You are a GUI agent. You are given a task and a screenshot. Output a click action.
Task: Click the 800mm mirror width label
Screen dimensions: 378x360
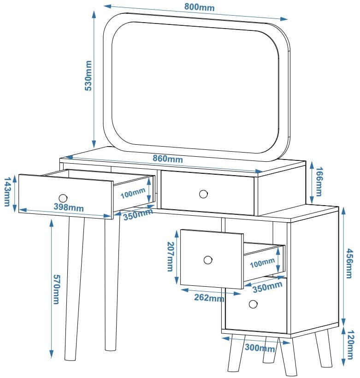pyautogui.click(x=199, y=7)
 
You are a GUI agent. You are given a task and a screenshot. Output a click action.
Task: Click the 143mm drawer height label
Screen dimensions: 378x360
pyautogui.click(x=7, y=192)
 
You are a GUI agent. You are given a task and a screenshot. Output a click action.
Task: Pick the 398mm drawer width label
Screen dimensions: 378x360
pyautogui.click(x=69, y=207)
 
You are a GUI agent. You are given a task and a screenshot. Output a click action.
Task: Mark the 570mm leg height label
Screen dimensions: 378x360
pyautogui.click(x=56, y=289)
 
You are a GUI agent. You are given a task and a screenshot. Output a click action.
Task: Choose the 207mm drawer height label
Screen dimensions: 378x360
pyautogui.click(x=170, y=257)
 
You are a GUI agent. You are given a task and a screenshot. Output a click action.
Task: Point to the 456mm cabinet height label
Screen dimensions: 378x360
pyautogui.click(x=349, y=268)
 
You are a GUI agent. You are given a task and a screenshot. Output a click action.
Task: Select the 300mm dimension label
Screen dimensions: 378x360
pyautogui.click(x=254, y=347)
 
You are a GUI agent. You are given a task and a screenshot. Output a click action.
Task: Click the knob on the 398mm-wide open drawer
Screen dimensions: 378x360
pyautogui.click(x=63, y=198)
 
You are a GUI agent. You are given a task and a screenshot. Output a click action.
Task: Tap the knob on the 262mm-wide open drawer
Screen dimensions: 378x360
pyautogui.click(x=208, y=260)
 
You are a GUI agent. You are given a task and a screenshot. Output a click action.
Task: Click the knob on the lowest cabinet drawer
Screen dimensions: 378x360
pyautogui.click(x=253, y=304)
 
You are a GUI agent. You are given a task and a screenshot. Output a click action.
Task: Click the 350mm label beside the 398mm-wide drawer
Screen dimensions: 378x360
pyautogui.click(x=138, y=214)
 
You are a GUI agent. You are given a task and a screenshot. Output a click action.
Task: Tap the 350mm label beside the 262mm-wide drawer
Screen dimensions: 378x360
pyautogui.click(x=267, y=286)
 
